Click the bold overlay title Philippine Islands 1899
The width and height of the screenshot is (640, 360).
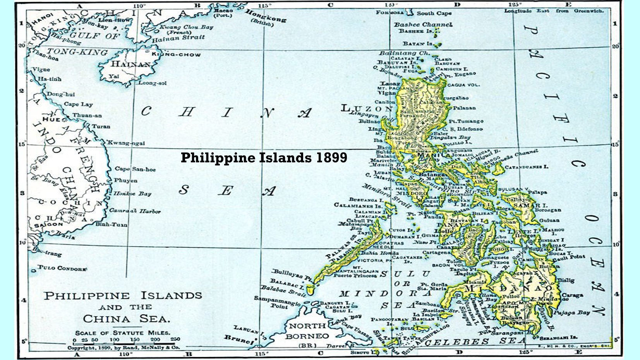point(264,158)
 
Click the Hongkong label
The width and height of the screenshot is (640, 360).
point(266,17)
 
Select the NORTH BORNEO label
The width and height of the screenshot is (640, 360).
point(307,331)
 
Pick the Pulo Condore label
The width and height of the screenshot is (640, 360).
point(62,268)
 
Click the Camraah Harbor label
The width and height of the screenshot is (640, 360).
point(135,211)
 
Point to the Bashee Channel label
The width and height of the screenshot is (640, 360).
point(423,24)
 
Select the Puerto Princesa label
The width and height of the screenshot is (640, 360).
point(355,276)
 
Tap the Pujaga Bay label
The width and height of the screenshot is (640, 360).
point(571,312)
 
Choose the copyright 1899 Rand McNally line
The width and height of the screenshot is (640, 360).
point(124,348)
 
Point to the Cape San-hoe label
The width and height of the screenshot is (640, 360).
point(135,169)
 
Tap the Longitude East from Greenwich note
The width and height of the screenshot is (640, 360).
point(554,11)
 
